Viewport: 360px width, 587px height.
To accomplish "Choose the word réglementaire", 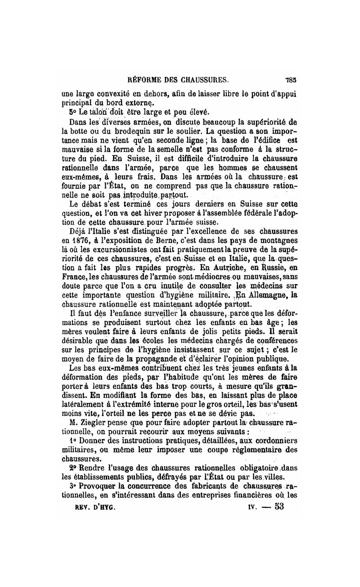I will tap(257, 443).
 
